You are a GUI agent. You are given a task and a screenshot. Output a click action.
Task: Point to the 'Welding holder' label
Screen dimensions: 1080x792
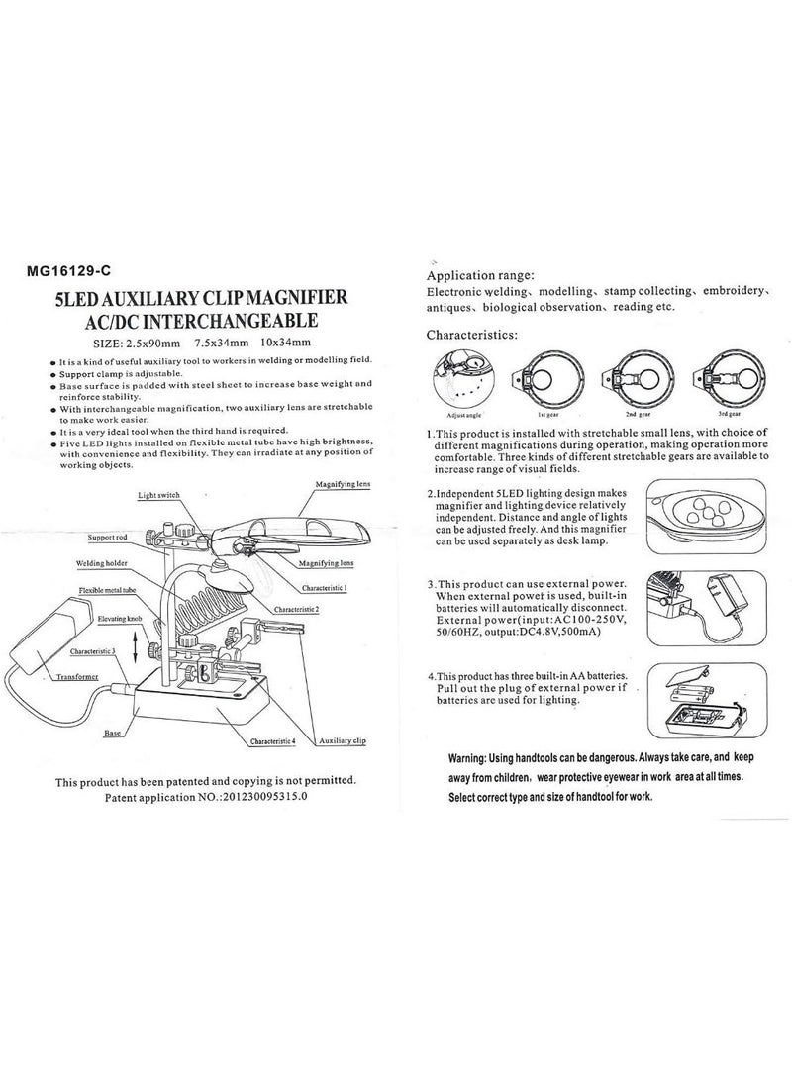(102, 563)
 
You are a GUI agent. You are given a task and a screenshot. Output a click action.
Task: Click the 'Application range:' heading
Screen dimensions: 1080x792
(481, 275)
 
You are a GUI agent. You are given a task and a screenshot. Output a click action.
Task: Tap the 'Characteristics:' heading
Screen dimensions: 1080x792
(471, 336)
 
